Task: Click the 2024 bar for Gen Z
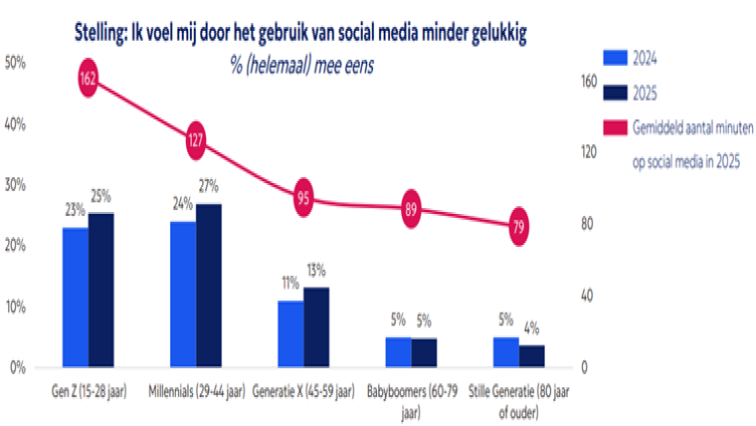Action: coord(75,297)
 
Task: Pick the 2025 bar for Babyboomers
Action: coord(424,352)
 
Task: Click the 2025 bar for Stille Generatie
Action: coord(531,355)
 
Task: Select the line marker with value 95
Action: coord(303,198)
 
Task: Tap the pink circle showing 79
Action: coord(518,226)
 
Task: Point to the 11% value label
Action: coord(289,283)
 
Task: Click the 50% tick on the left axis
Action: coord(16,63)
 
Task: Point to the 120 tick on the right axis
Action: coord(588,152)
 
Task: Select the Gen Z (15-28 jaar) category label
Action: coord(87,389)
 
